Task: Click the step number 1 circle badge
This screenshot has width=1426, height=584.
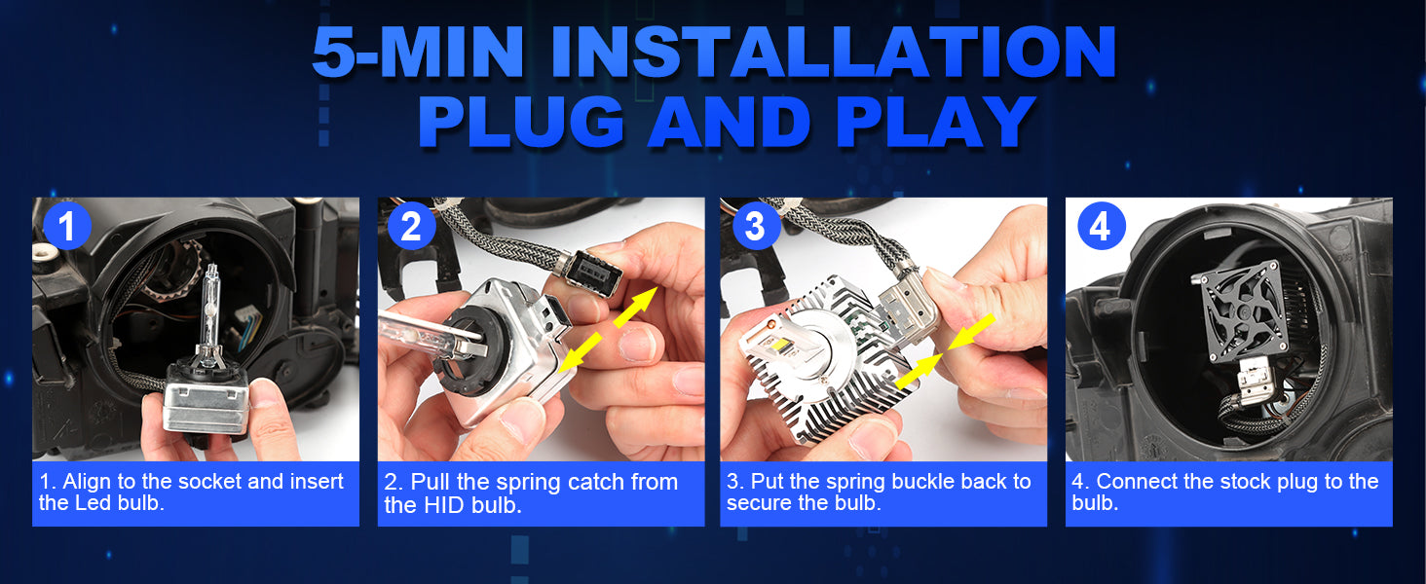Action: tap(67, 226)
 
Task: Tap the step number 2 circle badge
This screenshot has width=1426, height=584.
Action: tap(411, 226)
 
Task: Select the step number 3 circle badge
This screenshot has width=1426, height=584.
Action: tap(756, 226)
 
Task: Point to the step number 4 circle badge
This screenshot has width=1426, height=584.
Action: tap(1102, 226)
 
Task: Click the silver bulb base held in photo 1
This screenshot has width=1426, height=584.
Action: tap(206, 397)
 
